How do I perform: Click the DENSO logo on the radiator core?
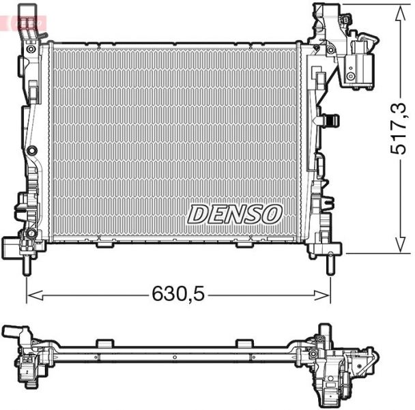(x=235, y=214)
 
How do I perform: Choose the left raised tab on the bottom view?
(x=104, y=343)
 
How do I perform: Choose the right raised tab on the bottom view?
(x=244, y=343)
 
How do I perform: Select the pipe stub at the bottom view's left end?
(x=12, y=332)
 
